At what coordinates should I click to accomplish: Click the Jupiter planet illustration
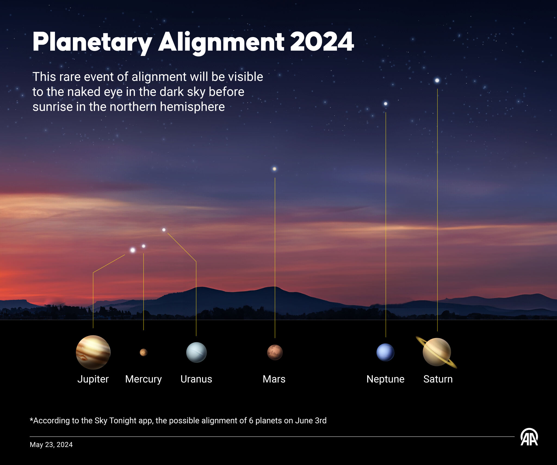93,352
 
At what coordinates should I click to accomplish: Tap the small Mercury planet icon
143,352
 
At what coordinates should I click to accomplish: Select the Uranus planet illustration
196,352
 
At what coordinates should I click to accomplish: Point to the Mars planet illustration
275,352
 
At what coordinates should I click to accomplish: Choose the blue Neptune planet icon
385,352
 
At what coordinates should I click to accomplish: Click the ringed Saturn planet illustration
437,352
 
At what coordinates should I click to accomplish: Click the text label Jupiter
93,379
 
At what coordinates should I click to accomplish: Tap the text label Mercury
143,379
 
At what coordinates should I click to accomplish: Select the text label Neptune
385,379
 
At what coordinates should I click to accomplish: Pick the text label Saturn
438,379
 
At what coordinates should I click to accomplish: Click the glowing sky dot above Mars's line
274,169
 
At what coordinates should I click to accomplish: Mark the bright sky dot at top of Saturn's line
437,80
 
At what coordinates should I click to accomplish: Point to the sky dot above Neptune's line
385,104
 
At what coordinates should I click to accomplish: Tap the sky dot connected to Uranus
164,230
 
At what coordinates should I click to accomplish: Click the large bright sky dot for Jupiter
132,250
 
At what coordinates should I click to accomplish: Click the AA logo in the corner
529,437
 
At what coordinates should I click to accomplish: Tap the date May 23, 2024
51,445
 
